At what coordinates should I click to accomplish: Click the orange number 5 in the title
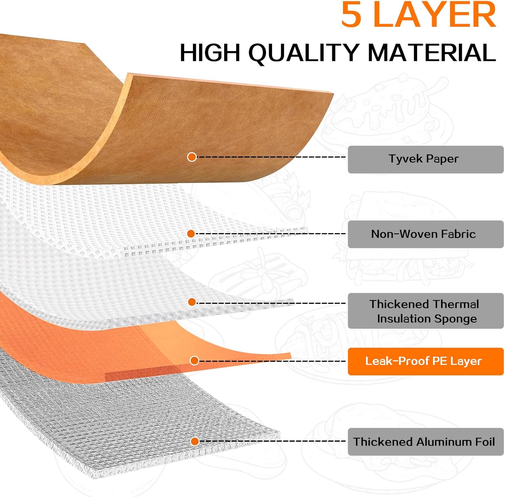(351, 15)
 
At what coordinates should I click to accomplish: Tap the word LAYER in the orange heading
(435, 15)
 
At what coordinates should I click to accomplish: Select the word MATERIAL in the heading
(432, 52)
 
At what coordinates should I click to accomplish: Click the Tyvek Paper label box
(425, 159)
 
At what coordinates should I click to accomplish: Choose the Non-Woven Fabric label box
(425, 234)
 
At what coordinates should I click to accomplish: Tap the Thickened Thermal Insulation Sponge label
(425, 311)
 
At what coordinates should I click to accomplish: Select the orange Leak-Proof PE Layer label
(425, 361)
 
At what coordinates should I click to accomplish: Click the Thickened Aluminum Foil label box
(425, 441)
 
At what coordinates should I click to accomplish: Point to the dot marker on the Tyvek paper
(192, 157)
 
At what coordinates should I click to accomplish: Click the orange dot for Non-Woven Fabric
(191, 234)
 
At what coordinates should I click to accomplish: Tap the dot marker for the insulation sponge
(192, 302)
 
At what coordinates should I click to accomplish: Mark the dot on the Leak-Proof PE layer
(194, 361)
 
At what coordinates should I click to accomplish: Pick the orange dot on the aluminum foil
(195, 441)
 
